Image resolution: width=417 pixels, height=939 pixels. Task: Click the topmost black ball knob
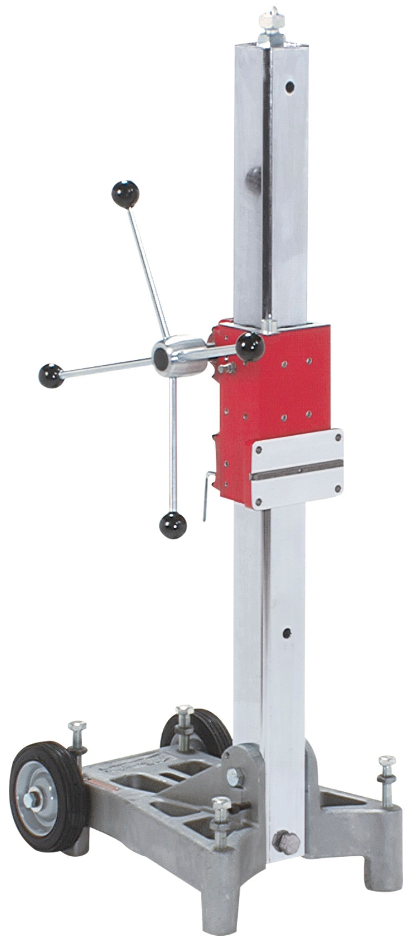125,194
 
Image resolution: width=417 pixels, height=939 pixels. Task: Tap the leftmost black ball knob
51,376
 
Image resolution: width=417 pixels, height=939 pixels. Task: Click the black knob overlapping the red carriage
250,346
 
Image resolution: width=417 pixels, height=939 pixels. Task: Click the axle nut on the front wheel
31,799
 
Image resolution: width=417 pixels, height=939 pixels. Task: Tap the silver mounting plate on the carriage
298,467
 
